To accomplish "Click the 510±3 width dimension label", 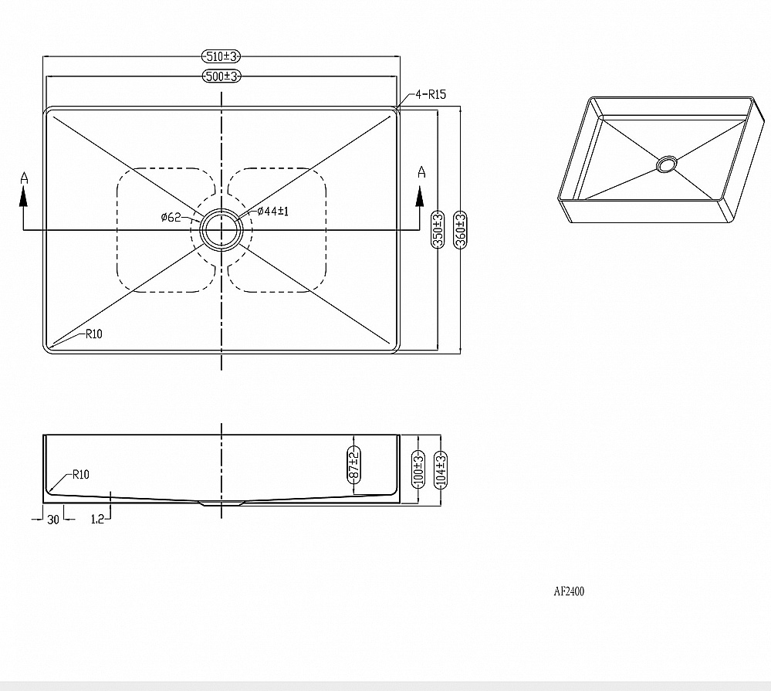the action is pyautogui.click(x=221, y=56).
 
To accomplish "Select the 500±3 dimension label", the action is pyautogui.click(x=221, y=76).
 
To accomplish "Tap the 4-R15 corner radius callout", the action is pyautogui.click(x=431, y=94).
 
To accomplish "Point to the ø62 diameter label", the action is pyautogui.click(x=171, y=217).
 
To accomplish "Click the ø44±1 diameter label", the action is pyautogui.click(x=273, y=211).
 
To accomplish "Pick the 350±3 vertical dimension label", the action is pyautogui.click(x=438, y=229).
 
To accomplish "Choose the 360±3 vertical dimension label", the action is pyautogui.click(x=460, y=229).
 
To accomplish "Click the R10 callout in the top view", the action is pyautogui.click(x=94, y=334).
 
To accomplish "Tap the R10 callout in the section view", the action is pyautogui.click(x=81, y=474).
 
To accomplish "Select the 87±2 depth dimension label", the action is pyautogui.click(x=353, y=465).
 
